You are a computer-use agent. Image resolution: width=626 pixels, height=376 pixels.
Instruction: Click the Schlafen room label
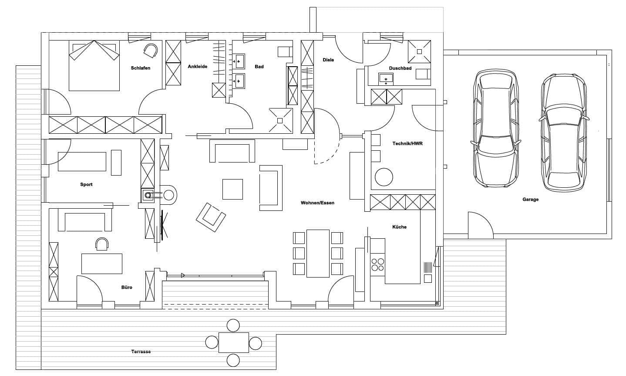pyautogui.click(x=140, y=68)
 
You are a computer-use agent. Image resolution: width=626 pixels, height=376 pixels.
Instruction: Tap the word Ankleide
pyautogui.click(x=197, y=67)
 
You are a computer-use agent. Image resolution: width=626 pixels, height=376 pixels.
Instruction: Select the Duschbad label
pyautogui.click(x=400, y=68)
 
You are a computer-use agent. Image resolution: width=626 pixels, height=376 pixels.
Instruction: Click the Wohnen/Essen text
pyautogui.click(x=317, y=203)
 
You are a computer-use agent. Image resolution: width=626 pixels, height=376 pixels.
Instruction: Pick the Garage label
pyautogui.click(x=530, y=200)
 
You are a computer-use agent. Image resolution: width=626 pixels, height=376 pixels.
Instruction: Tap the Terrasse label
pyautogui.click(x=141, y=352)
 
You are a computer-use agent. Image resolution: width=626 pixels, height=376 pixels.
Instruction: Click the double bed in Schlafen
pyautogui.click(x=94, y=65)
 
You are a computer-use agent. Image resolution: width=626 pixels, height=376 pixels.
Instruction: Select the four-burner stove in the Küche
pyautogui.click(x=377, y=264)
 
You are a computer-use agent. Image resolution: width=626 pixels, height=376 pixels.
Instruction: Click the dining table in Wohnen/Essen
pyautogui.click(x=318, y=254)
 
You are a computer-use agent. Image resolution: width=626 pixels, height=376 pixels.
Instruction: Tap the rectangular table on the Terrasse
pyautogui.click(x=233, y=342)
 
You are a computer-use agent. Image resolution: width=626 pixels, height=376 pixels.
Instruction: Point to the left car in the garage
pyautogui.click(x=495, y=128)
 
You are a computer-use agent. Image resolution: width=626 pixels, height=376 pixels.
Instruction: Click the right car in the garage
pyautogui.click(x=563, y=133)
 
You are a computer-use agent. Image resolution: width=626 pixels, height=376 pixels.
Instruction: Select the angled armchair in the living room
pyautogui.click(x=211, y=217)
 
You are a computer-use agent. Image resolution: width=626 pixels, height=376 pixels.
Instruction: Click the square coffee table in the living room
pyautogui.click(x=232, y=189)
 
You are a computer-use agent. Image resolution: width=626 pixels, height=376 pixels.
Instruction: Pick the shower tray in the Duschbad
pyautogui.click(x=419, y=51)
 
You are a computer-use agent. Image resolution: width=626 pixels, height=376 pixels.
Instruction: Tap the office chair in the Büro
pyautogui.click(x=102, y=244)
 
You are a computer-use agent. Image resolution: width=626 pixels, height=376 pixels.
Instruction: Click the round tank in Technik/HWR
pyautogui.click(x=384, y=177)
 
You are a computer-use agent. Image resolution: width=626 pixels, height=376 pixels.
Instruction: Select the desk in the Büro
pyautogui.click(x=102, y=264)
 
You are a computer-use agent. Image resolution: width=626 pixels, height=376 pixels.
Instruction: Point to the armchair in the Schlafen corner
pyautogui.click(x=151, y=51)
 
